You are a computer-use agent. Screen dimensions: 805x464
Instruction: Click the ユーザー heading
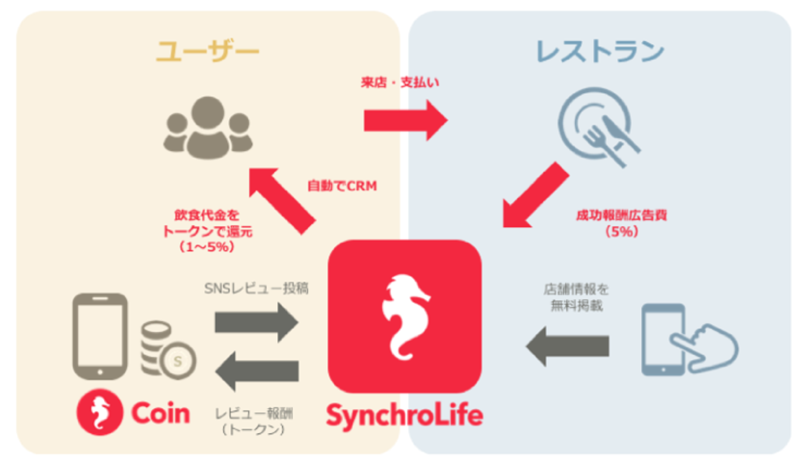click(207, 51)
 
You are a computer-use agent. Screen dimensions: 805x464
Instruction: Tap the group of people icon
click(208, 128)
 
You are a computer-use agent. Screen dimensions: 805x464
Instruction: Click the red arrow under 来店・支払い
click(406, 120)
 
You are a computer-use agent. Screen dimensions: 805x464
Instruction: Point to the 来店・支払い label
click(400, 83)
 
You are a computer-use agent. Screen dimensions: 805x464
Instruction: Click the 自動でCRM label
click(342, 186)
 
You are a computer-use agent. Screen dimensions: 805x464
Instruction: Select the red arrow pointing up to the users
click(282, 201)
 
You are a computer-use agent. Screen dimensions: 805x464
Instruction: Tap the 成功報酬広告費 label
click(622, 215)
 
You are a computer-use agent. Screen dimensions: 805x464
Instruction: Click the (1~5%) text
click(207, 247)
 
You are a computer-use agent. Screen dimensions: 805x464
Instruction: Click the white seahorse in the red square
click(405, 317)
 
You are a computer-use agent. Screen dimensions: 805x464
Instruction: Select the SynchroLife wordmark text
click(405, 416)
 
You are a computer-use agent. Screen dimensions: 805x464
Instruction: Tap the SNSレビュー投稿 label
click(256, 288)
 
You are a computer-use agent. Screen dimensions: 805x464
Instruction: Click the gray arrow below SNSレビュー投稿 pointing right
click(257, 323)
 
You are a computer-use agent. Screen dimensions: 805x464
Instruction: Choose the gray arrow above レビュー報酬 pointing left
click(257, 371)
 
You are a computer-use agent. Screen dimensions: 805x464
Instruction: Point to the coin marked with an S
click(178, 361)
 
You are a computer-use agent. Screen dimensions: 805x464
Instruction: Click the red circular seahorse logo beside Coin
click(100, 412)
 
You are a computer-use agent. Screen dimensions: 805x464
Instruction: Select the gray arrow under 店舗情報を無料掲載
click(567, 347)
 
